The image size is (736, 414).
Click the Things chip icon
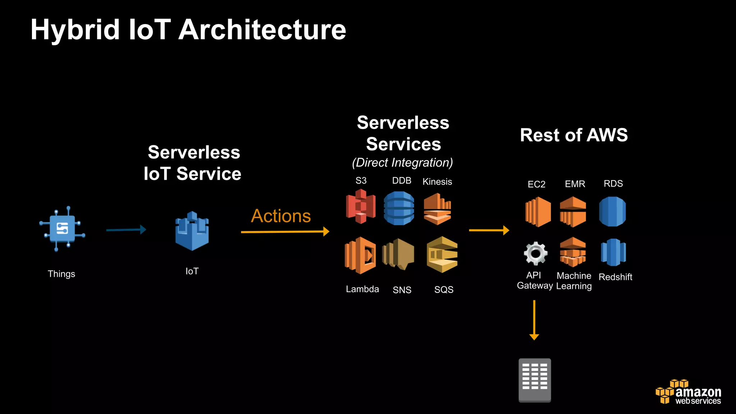click(x=62, y=229)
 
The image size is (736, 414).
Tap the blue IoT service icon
click(x=192, y=231)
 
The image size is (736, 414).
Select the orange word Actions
click(x=281, y=216)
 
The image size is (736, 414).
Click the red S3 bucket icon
click(x=361, y=207)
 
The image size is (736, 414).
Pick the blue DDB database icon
click(x=399, y=208)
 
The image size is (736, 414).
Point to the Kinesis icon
click(x=437, y=209)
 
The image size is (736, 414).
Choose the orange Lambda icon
click(x=360, y=255)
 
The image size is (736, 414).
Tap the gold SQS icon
click(x=442, y=254)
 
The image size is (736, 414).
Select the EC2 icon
click(x=538, y=212)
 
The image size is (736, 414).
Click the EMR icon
click(x=573, y=212)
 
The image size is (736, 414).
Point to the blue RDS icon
click(x=612, y=211)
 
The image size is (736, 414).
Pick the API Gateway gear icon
click(x=535, y=253)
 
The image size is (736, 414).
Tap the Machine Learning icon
click(x=573, y=252)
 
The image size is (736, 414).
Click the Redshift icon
click(x=613, y=252)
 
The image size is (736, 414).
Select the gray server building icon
click(x=534, y=380)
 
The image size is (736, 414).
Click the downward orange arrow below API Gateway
click(x=534, y=320)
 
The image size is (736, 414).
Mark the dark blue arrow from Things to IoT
click(x=126, y=230)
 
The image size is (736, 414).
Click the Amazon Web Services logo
click(x=689, y=392)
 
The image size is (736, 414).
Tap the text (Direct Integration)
click(x=402, y=162)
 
